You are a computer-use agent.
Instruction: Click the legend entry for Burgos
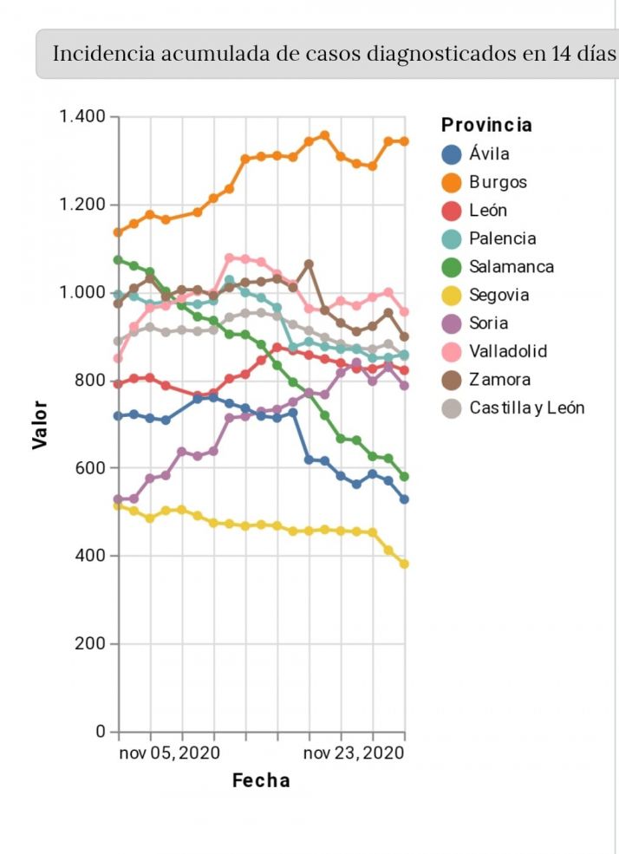498,183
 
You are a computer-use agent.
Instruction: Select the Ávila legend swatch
452,155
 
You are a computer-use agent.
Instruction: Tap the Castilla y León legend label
526,407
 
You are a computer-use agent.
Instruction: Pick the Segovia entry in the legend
498,295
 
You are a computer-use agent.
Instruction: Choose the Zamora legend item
499,380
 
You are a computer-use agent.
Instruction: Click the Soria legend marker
452,323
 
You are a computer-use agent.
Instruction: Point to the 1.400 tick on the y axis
82,117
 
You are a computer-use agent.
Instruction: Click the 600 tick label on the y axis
89,468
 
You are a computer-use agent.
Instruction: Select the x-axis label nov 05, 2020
169,753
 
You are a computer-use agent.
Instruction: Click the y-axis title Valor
40,424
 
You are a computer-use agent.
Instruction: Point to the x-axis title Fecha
261,780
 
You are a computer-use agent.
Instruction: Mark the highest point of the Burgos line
324,135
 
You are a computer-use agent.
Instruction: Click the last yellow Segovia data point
404,564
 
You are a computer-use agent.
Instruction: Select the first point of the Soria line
118,499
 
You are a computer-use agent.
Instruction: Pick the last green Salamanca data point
404,477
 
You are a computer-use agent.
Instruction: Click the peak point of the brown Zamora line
309,264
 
